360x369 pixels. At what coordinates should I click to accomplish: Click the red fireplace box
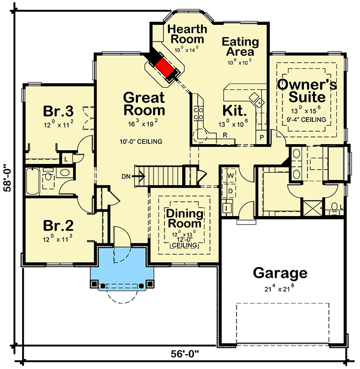(164, 69)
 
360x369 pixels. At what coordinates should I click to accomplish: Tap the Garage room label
(280, 273)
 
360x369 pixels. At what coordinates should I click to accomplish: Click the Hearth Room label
(187, 34)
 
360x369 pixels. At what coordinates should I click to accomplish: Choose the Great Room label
(144, 104)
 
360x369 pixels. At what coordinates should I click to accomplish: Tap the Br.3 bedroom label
(59, 111)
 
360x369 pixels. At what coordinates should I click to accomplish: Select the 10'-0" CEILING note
(141, 142)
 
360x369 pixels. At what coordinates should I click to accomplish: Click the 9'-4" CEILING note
(306, 119)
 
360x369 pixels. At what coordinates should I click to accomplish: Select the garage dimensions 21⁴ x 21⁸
(280, 288)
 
